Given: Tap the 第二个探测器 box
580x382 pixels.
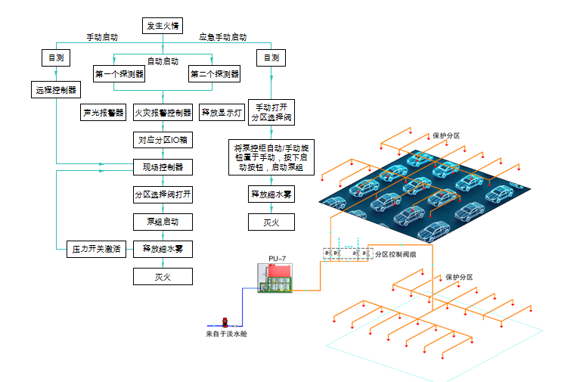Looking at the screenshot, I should pyautogui.click(x=215, y=74).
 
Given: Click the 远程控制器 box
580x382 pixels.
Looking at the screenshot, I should pyautogui.click(x=56, y=90).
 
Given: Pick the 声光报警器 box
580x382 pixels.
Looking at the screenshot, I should pyautogui.click(x=103, y=113).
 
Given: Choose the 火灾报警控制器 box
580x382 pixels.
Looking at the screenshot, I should pyautogui.click(x=163, y=113).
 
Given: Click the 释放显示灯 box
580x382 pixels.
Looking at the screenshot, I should pyautogui.click(x=221, y=113).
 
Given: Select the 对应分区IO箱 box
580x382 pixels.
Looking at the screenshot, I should pyautogui.click(x=163, y=140).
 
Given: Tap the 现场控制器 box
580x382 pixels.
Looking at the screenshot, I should pyautogui.click(x=163, y=166).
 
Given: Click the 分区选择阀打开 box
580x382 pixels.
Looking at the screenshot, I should pyautogui.click(x=163, y=194).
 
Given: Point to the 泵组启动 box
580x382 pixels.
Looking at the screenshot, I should pyautogui.click(x=163, y=222).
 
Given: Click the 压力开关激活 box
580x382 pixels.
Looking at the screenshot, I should pyautogui.click(x=96, y=249).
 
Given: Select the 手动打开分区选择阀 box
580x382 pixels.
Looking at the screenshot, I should pyautogui.click(x=271, y=113).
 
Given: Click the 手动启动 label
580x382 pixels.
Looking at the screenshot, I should pyautogui.click(x=101, y=37).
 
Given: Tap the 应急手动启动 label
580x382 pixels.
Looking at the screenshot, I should pyautogui.click(x=222, y=37).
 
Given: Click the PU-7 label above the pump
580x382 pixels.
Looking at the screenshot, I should pyautogui.click(x=277, y=259).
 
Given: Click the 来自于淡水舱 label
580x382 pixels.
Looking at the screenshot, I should pyautogui.click(x=226, y=334).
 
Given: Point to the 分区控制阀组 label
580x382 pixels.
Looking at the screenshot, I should pyautogui.click(x=395, y=254).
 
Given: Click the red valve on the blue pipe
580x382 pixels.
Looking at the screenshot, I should pyautogui.click(x=224, y=321).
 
